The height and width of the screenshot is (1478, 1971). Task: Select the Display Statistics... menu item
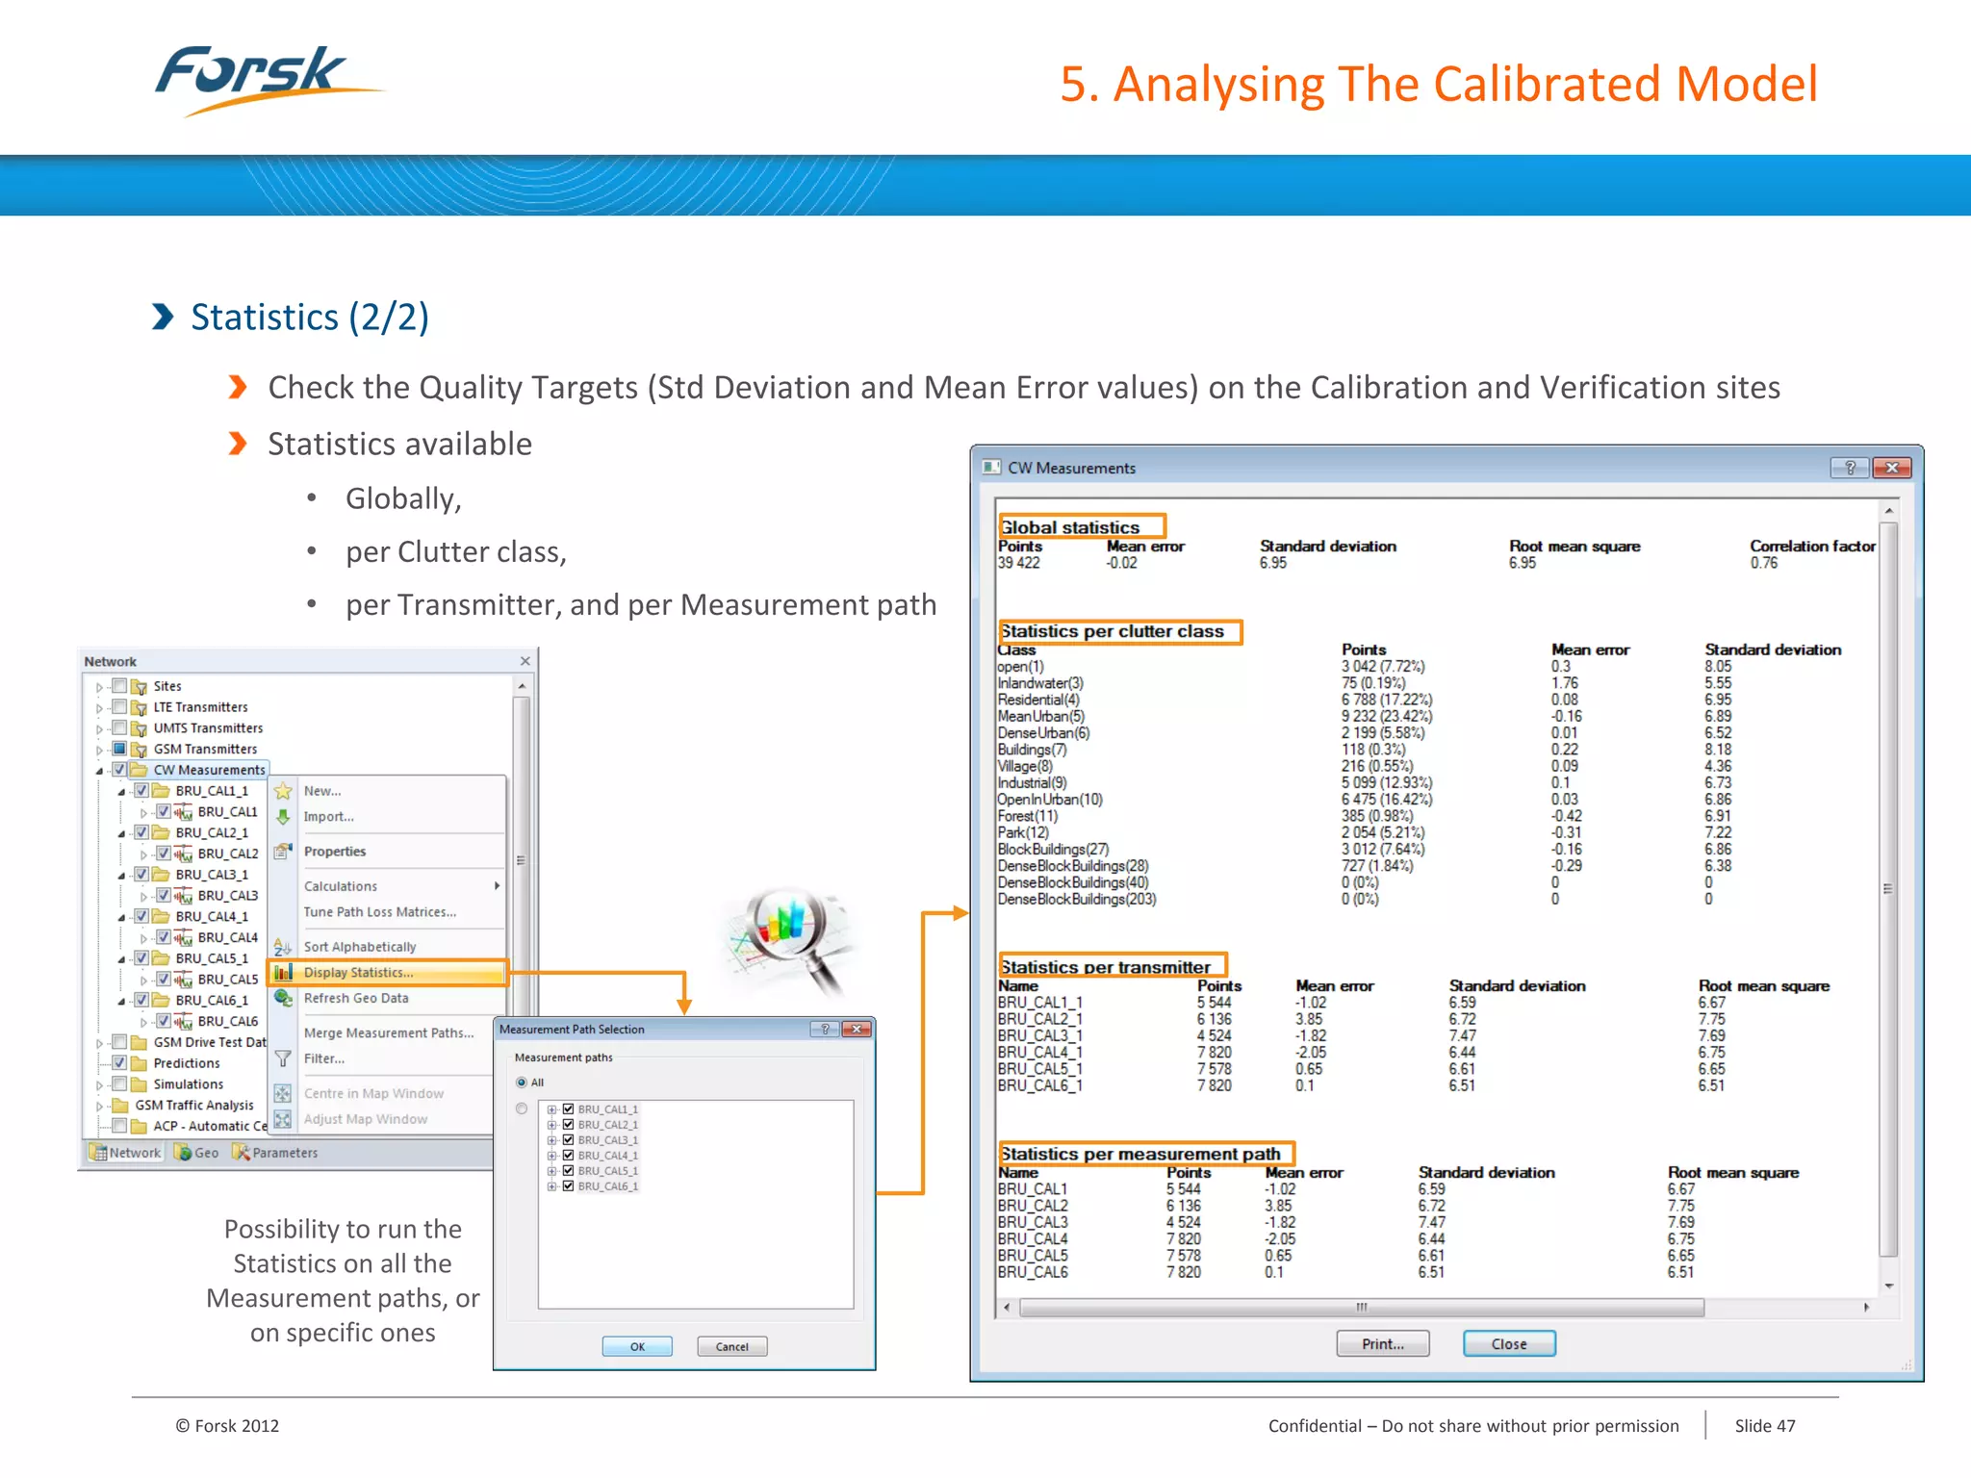[x=358, y=973]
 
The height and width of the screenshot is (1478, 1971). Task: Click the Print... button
[x=1382, y=1344]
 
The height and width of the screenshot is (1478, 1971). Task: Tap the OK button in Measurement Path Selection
[x=637, y=1346]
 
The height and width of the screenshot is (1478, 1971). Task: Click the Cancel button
[x=731, y=1346]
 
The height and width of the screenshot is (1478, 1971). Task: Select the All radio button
[x=522, y=1083]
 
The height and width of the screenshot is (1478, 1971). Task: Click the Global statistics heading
[x=1070, y=527]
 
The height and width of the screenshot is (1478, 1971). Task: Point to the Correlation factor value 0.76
[x=1763, y=563]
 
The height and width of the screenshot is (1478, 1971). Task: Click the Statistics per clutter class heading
[x=1113, y=631]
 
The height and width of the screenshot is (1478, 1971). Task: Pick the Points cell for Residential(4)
[x=1386, y=700]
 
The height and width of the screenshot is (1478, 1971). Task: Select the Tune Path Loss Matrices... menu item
[x=379, y=912]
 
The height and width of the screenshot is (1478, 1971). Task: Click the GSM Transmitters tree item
[x=205, y=749]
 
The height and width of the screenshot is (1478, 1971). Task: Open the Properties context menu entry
[x=335, y=852]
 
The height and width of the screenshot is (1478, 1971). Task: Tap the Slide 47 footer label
[x=1764, y=1425]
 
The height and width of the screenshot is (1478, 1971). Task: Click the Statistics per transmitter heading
[x=1105, y=967]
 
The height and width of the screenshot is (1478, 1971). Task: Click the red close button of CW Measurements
[x=1891, y=468]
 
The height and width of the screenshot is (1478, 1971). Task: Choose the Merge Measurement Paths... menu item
[x=388, y=1032]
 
